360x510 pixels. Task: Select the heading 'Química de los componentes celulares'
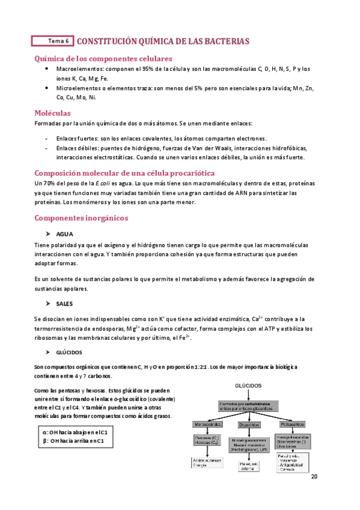coord(104,58)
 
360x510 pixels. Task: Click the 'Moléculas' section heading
coord(53,112)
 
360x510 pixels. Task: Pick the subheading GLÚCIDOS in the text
coord(69,352)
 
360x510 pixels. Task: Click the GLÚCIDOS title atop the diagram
coord(248,384)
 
